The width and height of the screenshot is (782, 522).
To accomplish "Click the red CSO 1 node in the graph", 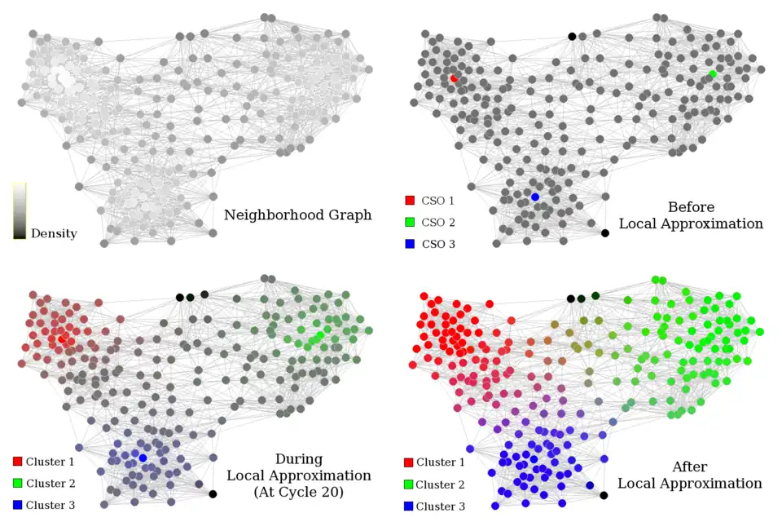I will (x=454, y=78).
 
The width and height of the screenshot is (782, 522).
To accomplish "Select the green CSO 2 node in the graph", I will (x=713, y=74).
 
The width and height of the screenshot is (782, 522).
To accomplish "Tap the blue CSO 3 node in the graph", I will (x=535, y=197).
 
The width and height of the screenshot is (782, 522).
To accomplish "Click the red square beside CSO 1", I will (x=409, y=200).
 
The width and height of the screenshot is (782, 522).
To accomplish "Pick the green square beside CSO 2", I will (x=409, y=222).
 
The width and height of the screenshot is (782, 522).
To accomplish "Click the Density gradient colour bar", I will (x=20, y=210).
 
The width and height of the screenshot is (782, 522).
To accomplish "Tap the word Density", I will (x=54, y=234).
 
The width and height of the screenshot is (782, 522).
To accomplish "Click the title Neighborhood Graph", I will (x=297, y=215).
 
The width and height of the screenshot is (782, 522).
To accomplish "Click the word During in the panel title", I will (x=298, y=459).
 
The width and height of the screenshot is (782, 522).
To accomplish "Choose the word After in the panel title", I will (x=689, y=467).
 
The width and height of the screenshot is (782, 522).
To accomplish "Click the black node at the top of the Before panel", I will (x=572, y=36).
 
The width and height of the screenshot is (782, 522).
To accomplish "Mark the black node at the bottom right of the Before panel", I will (x=604, y=233).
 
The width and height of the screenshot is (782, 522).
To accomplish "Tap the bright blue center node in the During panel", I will (x=143, y=458).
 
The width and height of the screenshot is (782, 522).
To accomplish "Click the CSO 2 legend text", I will (x=438, y=222).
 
